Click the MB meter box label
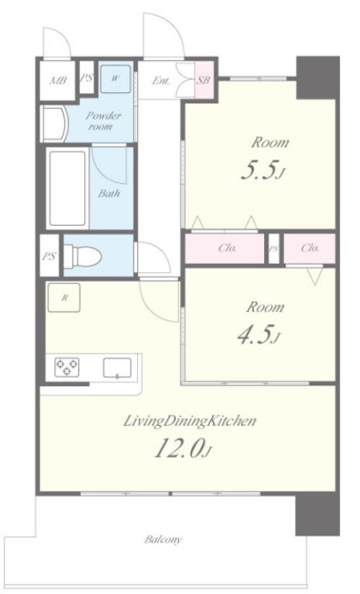58,80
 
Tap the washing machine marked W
116,79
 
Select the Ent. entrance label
161,80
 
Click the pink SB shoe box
204,80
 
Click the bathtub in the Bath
68,188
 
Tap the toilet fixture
82,256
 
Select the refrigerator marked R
64,297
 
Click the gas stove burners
66,367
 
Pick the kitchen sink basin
118,368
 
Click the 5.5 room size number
258,170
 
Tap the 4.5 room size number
255,334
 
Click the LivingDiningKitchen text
190,421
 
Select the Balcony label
163,538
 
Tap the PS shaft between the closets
273,248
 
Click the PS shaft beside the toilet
49,255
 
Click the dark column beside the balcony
317,514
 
